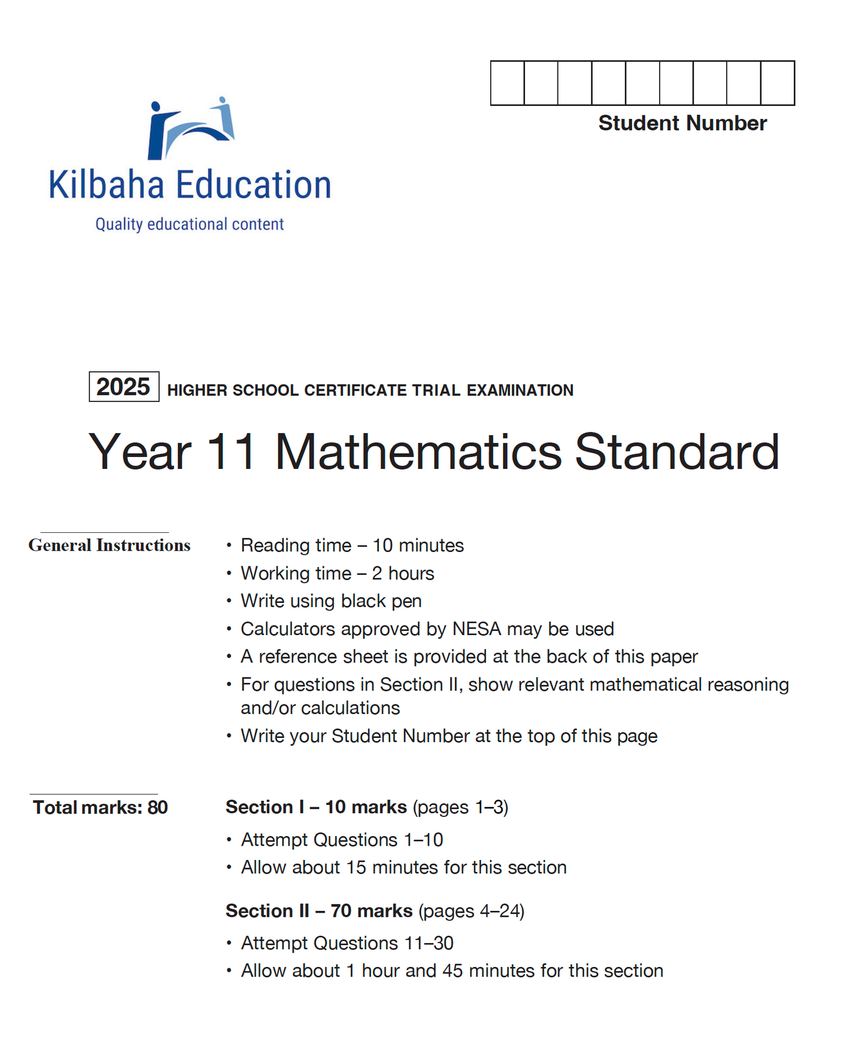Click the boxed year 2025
[x=123, y=387]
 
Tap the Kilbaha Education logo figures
[x=190, y=129]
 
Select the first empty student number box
[x=507, y=83]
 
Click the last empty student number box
[x=778, y=83]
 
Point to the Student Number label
[x=682, y=123]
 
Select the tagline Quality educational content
[x=189, y=224]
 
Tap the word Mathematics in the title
[x=418, y=452]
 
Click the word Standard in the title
[x=677, y=452]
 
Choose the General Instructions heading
[x=110, y=545]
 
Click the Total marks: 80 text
[x=100, y=807]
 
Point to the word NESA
[x=476, y=629]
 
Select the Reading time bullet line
[x=352, y=545]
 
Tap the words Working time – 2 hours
[x=337, y=574]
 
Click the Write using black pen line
[x=331, y=601]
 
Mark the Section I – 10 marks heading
[x=316, y=807]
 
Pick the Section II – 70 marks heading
[x=319, y=911]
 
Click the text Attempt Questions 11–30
[x=347, y=943]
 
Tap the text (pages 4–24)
[x=471, y=911]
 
